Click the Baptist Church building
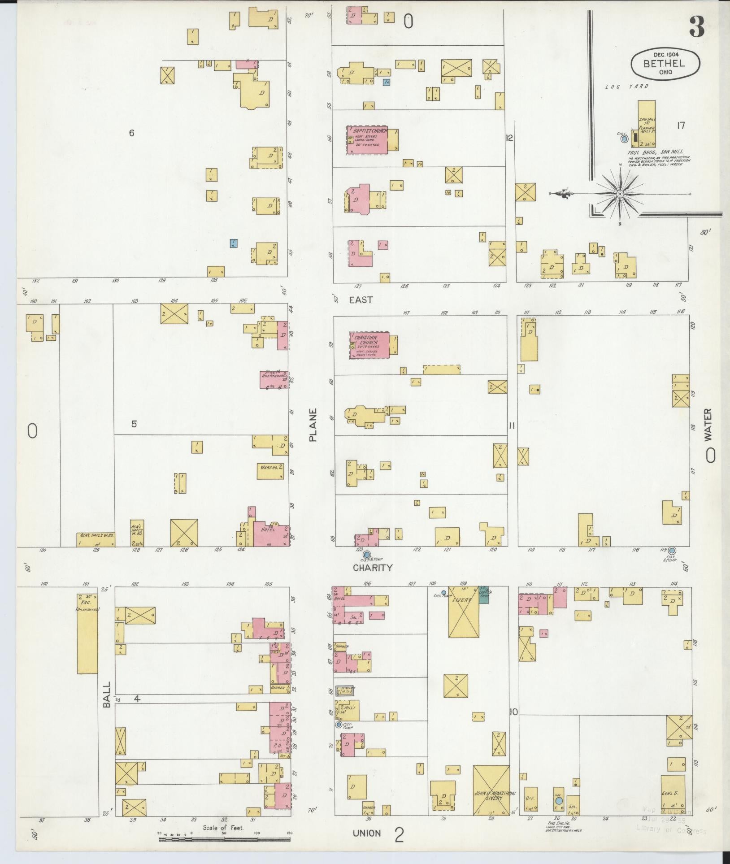[x=367, y=140]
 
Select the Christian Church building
[x=369, y=345]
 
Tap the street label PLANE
[x=313, y=425]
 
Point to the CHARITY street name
[x=372, y=568]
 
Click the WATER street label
[x=708, y=423]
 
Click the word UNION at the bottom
[x=366, y=833]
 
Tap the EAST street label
[x=361, y=300]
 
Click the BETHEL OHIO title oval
[x=665, y=64]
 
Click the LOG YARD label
[x=626, y=87]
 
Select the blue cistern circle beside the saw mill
[x=624, y=139]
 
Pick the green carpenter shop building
[x=483, y=594]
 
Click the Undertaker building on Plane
[x=274, y=379]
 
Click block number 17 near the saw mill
[x=681, y=126]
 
